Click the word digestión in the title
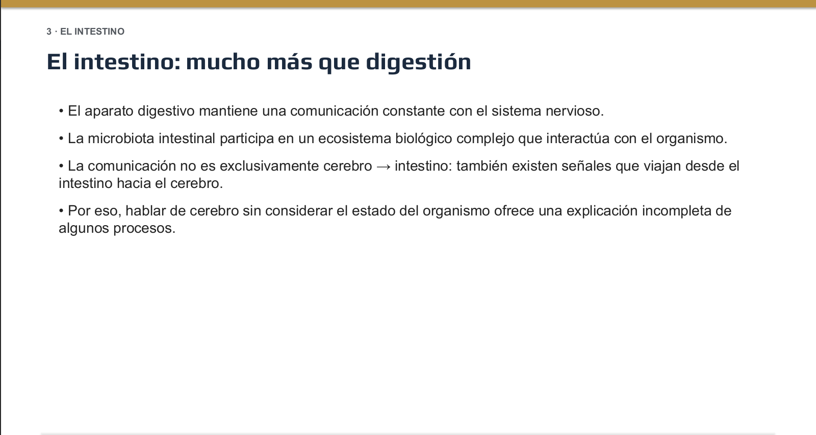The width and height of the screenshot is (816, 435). pyautogui.click(x=418, y=62)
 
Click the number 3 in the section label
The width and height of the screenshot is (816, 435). pyautogui.click(x=49, y=32)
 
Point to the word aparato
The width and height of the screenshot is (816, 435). pyautogui.click(x=109, y=111)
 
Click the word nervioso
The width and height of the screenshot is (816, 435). pyautogui.click(x=574, y=111)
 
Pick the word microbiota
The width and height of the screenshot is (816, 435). pyautogui.click(x=121, y=139)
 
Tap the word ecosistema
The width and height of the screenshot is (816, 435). pyautogui.click(x=354, y=139)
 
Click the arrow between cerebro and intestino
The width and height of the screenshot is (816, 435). pyautogui.click(x=383, y=167)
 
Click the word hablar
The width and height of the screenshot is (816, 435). pyautogui.click(x=145, y=211)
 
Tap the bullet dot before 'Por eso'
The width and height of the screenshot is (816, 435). pyautogui.click(x=61, y=211)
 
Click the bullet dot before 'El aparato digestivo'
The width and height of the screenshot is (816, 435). pyautogui.click(x=61, y=111)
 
